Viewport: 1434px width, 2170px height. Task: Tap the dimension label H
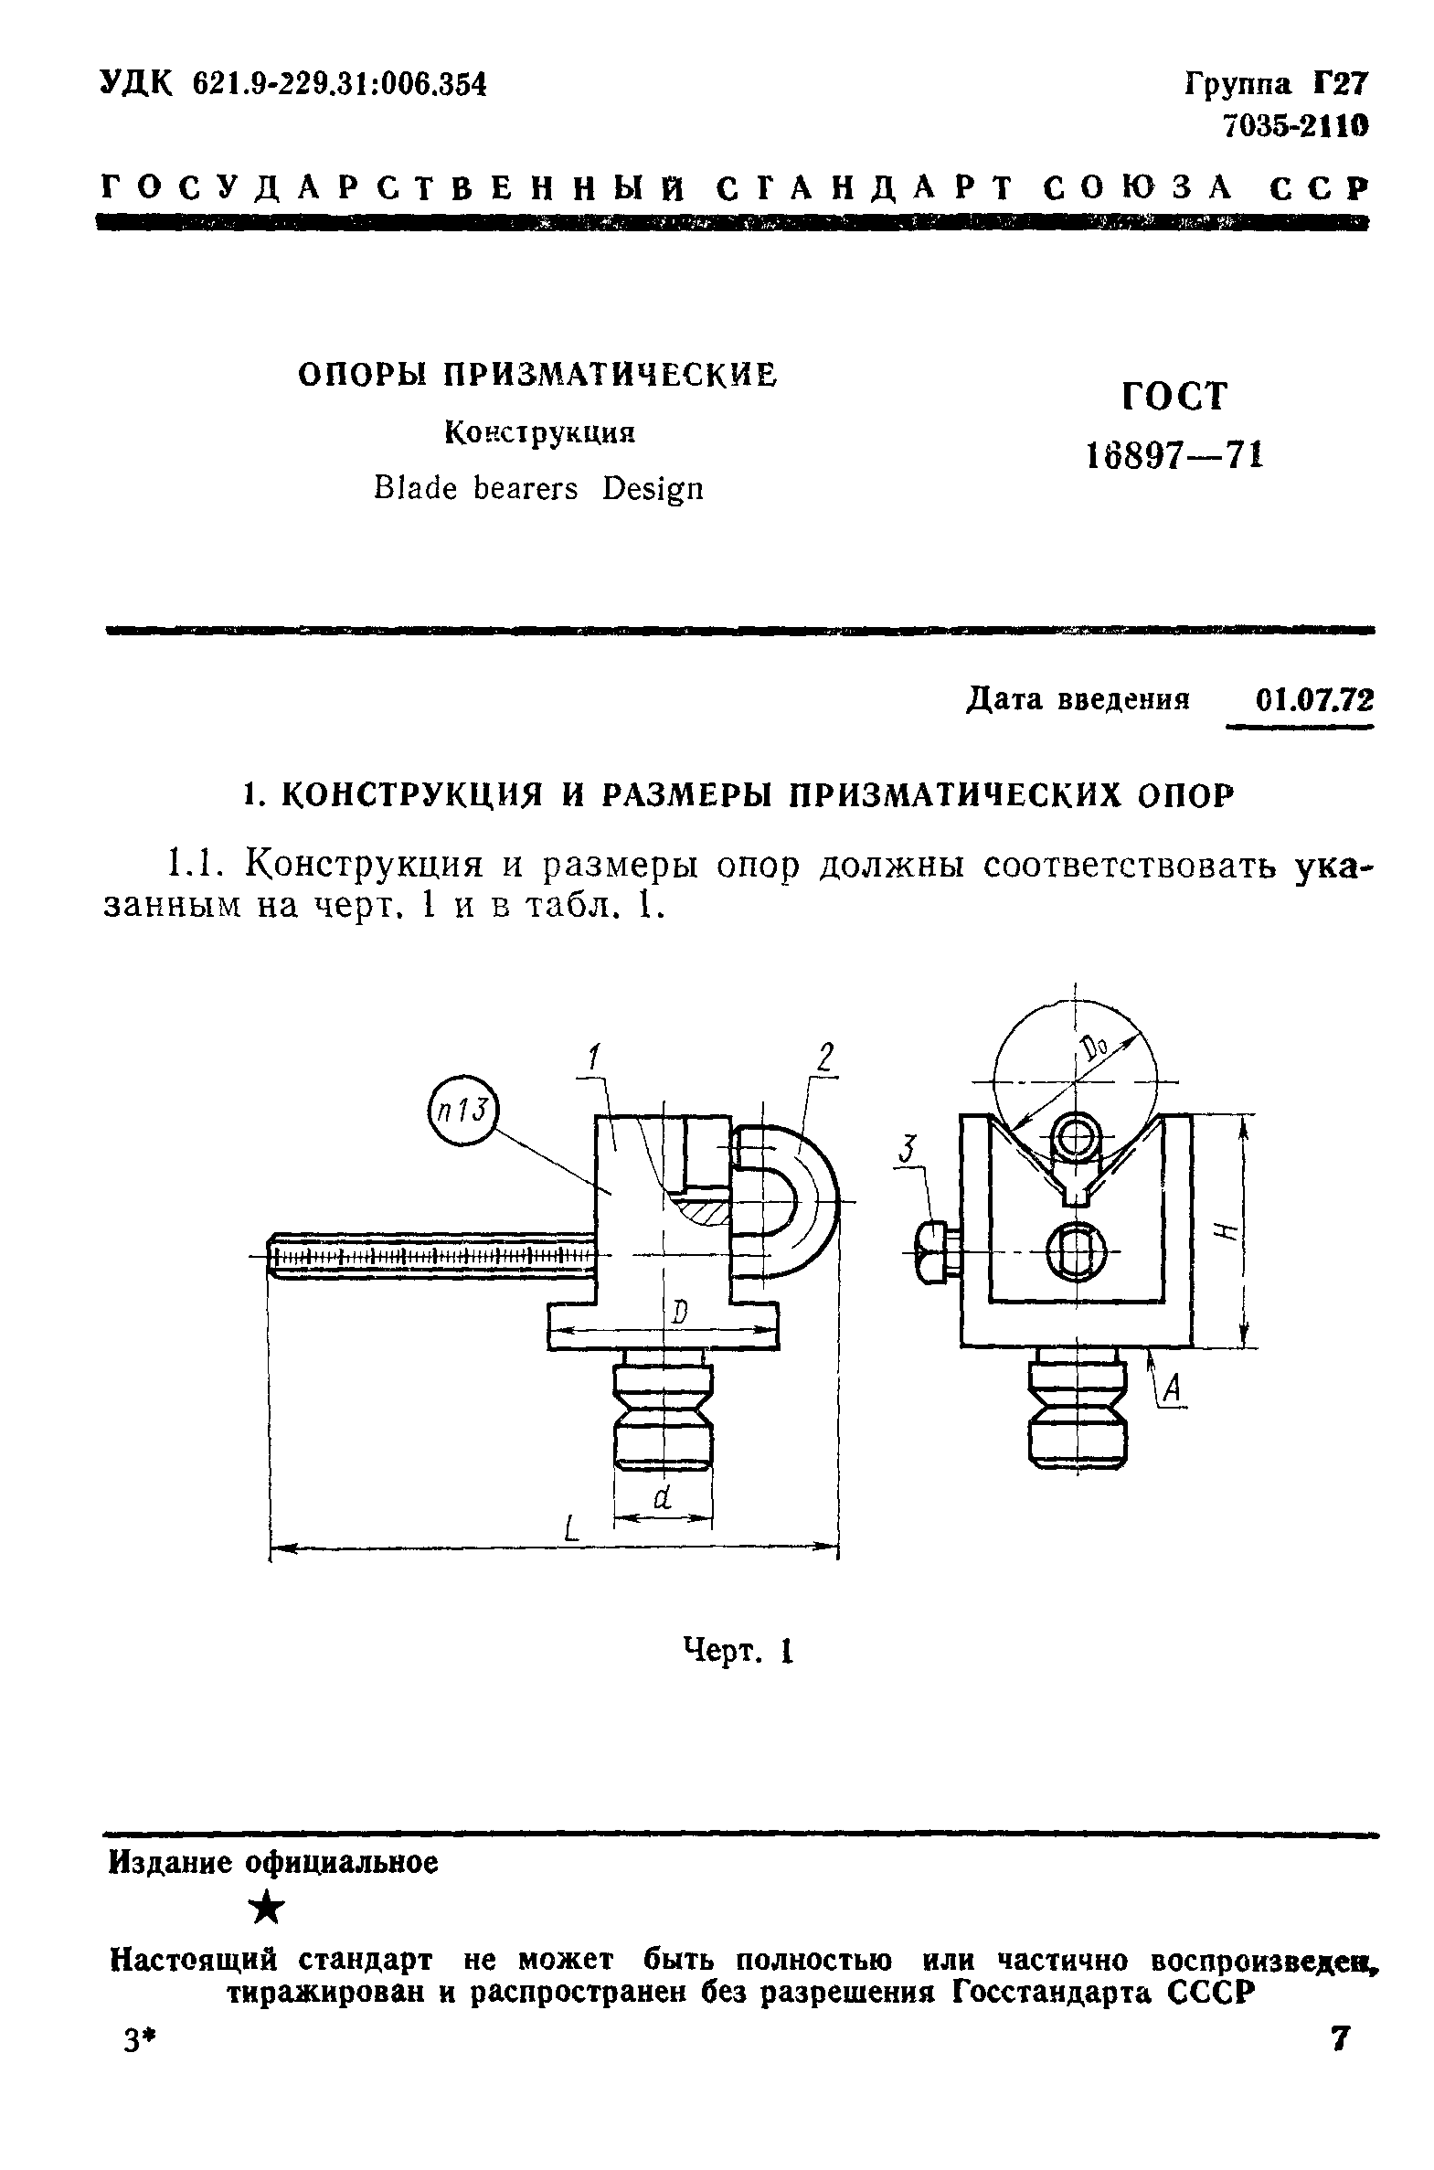pyautogui.click(x=1230, y=1231)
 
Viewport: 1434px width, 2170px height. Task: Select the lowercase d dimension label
pyautogui.click(x=663, y=1497)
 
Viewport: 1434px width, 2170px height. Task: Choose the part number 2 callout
pyautogui.click(x=825, y=1058)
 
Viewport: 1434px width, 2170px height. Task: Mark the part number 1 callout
pyautogui.click(x=592, y=1058)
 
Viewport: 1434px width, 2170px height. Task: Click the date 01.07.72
pyautogui.click(x=1314, y=700)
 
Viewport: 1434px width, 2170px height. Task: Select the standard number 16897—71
pyautogui.click(x=1174, y=454)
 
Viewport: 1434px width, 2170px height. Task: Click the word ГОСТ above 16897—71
pyautogui.click(x=1174, y=396)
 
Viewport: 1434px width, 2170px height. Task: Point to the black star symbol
pyautogui.click(x=267, y=1909)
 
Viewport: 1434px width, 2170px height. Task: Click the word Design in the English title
pyautogui.click(x=653, y=490)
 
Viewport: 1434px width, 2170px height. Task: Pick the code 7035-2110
pyautogui.click(x=1296, y=125)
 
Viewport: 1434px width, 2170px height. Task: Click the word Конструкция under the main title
pyautogui.click(x=539, y=431)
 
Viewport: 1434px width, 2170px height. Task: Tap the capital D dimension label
pyautogui.click(x=678, y=1314)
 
